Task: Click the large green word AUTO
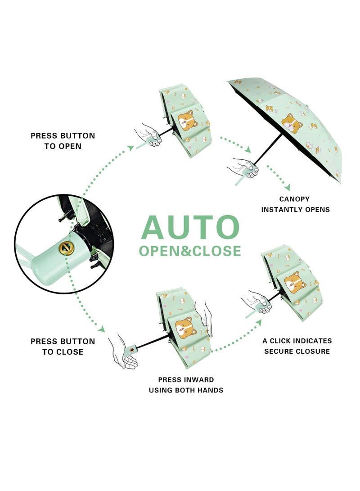(190, 227)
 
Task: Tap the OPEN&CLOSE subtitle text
(190, 251)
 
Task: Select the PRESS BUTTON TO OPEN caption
(63, 141)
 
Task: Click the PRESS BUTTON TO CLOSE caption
(63, 347)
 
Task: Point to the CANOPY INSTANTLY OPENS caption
(296, 204)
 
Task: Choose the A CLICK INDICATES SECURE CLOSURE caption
(297, 346)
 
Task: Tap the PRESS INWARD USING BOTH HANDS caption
(186, 385)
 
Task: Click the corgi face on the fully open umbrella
(292, 122)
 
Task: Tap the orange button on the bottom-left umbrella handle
(132, 348)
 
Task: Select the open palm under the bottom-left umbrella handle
(124, 356)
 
